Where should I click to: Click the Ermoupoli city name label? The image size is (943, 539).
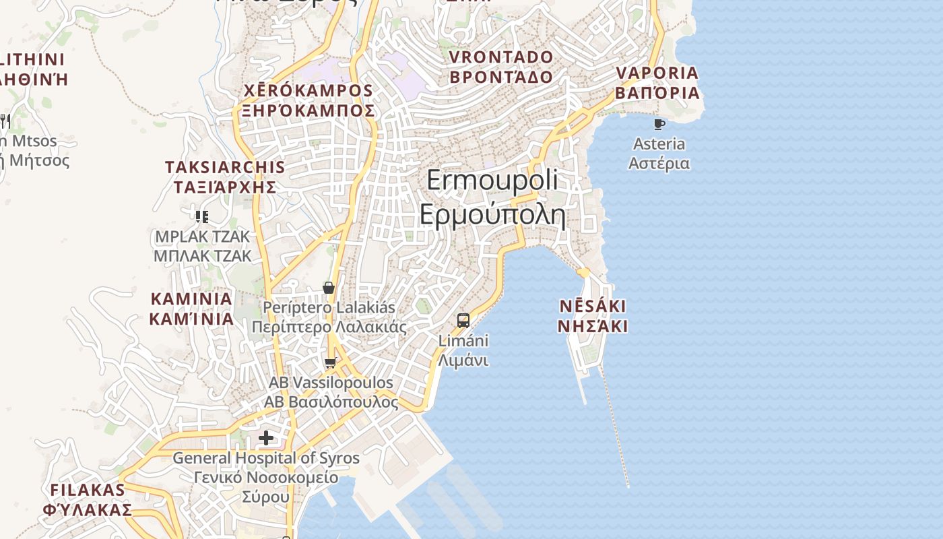(x=492, y=197)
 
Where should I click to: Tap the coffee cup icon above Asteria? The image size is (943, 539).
(x=659, y=124)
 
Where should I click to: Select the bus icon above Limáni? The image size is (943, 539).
(x=463, y=320)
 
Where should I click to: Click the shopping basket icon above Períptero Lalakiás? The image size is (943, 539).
(x=329, y=288)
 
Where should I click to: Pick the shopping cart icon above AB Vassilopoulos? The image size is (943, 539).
(x=330, y=363)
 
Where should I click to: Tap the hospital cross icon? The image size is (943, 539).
(x=266, y=439)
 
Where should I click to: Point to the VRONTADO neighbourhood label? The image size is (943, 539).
(x=501, y=67)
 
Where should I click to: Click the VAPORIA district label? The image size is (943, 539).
(x=657, y=83)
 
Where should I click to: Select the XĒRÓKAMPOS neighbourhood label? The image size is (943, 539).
(x=308, y=100)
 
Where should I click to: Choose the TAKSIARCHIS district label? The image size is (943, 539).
(x=225, y=177)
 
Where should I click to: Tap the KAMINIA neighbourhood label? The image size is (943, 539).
(x=191, y=309)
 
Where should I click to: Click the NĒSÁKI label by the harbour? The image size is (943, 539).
(x=593, y=317)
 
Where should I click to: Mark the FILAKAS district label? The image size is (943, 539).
(x=88, y=499)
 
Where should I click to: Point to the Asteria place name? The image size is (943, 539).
(x=659, y=154)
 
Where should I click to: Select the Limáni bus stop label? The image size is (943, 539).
(x=463, y=350)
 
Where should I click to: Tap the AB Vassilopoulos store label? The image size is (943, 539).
(x=331, y=392)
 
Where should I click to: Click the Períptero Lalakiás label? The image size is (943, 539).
(x=329, y=317)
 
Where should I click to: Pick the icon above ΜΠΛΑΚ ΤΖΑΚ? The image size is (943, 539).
(x=201, y=216)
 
